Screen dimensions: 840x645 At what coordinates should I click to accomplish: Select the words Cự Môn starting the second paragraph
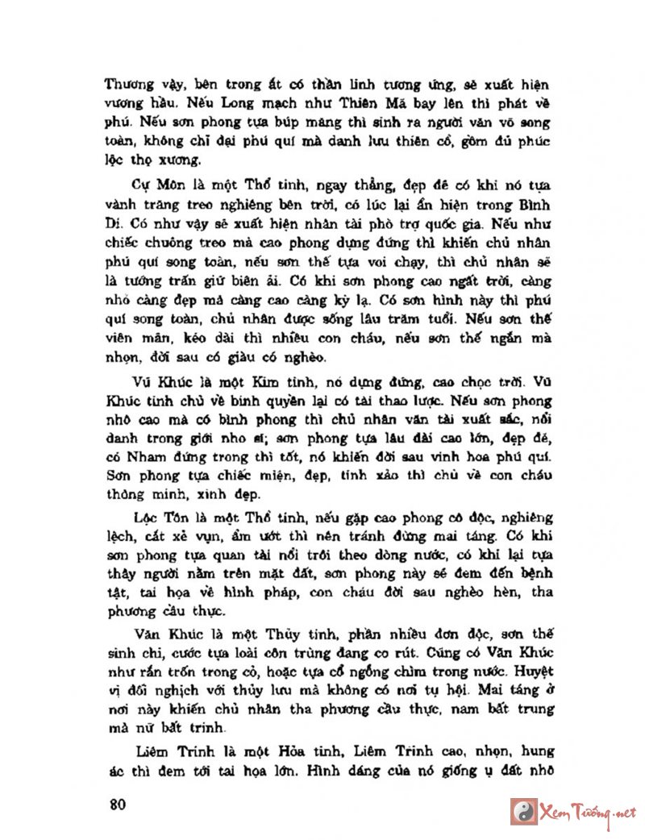tap(150, 185)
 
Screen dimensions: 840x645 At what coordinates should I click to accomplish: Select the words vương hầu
tap(139, 104)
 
